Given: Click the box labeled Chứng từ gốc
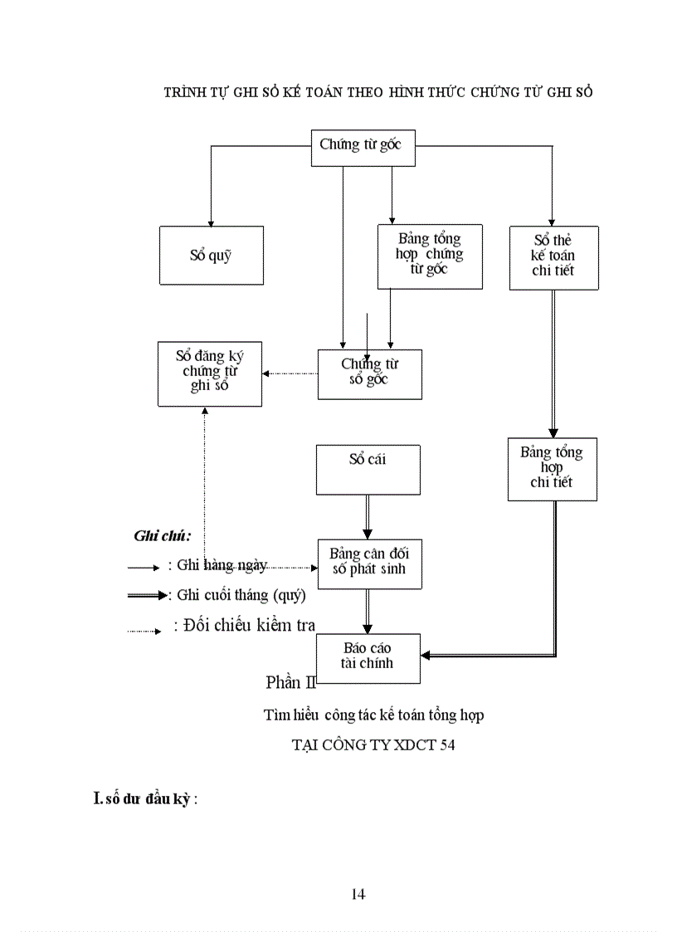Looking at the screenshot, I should (361, 145).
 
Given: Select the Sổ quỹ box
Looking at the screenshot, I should (211, 256).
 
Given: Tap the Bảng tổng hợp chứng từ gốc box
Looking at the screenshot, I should (429, 256).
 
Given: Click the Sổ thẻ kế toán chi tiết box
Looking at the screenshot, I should (553, 257).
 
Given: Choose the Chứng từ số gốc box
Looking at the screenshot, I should (369, 373).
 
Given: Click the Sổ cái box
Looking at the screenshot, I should (368, 469).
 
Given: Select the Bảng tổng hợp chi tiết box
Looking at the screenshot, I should (552, 468).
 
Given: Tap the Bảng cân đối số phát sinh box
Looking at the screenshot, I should (369, 564).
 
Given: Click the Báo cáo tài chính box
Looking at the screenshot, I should (368, 657).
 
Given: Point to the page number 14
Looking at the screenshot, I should (358, 894).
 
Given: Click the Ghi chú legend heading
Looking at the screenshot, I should (163, 536).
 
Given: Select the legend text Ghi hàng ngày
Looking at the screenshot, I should (217, 565).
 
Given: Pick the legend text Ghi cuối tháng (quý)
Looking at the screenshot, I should (237, 595).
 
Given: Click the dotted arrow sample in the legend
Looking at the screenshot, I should (144, 632).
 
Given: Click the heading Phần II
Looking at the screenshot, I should (290, 682).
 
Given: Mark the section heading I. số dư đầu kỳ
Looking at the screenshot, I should (146, 799).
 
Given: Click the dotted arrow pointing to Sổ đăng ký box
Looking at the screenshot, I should (290, 373).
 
